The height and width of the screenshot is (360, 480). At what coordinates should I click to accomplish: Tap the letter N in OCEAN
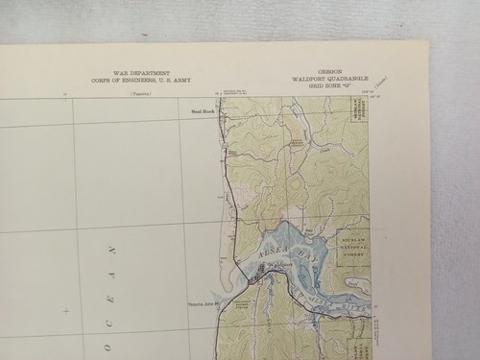click(x=112, y=252)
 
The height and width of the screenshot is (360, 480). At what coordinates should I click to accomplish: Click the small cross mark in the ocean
click(x=65, y=311)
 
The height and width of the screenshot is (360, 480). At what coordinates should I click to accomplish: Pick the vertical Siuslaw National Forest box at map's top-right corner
click(x=358, y=115)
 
